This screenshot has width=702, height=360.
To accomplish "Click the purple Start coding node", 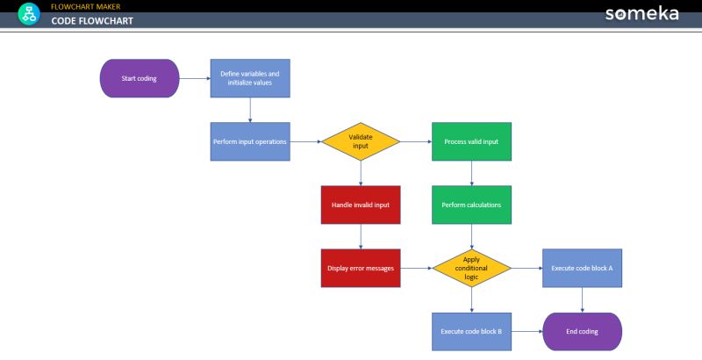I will (140, 78).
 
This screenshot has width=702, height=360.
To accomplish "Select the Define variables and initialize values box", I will (250, 78).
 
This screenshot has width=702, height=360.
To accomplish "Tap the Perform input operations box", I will (250, 141).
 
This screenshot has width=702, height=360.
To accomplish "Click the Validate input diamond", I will (361, 141).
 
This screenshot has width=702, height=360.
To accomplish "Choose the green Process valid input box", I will (471, 141).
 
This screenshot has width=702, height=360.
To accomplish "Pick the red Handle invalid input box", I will (361, 205).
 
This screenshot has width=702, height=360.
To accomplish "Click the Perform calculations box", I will (471, 205).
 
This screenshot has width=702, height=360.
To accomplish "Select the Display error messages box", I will (361, 268).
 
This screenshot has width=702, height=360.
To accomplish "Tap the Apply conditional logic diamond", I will (471, 268).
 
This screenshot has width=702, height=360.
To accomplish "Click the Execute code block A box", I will (582, 268).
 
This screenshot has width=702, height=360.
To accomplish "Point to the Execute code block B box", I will (471, 331).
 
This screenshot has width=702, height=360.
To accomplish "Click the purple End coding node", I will (582, 331).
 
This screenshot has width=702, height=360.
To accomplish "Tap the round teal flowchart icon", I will (29, 14).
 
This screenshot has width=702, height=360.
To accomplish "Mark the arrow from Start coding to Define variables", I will (194, 78).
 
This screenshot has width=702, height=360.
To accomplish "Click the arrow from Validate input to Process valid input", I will (416, 141).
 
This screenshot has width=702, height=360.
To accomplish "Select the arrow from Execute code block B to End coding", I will (526, 331).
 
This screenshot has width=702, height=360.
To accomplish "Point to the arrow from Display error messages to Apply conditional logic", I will (416, 268).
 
